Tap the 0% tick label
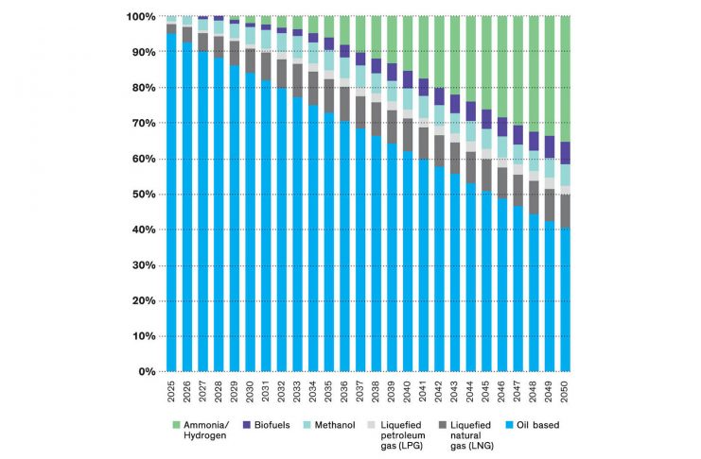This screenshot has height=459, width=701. pyautogui.click(x=144, y=372)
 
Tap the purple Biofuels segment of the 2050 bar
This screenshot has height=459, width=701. pyautogui.click(x=566, y=153)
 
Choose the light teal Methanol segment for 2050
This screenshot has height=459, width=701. pyautogui.click(x=566, y=176)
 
